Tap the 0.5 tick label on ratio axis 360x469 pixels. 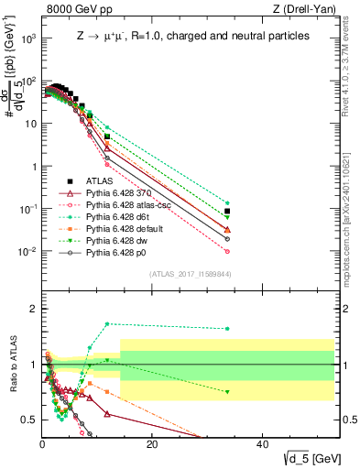coord(28,420)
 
